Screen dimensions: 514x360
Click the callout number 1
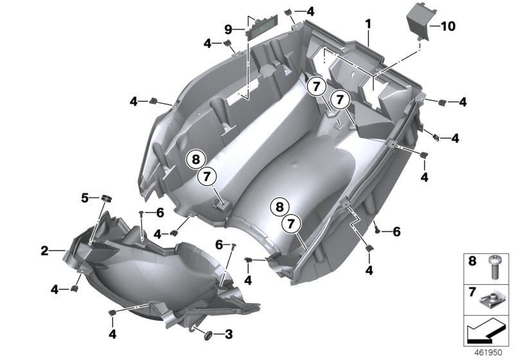(368, 24)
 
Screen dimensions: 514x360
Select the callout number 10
(448, 26)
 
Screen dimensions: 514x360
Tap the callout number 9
(229, 30)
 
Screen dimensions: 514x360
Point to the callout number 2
(44, 251)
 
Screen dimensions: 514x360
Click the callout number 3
(229, 334)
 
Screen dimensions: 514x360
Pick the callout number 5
(85, 198)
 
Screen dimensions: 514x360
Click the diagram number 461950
(488, 352)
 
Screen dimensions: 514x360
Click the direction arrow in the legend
(484, 330)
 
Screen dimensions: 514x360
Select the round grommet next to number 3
(208, 336)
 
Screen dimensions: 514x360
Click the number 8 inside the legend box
(472, 261)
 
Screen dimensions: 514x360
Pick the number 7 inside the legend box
(472, 291)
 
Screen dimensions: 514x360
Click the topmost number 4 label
(310, 12)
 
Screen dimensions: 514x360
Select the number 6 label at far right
(396, 232)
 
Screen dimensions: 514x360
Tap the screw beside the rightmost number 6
(377, 228)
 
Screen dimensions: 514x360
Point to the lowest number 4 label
(112, 334)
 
